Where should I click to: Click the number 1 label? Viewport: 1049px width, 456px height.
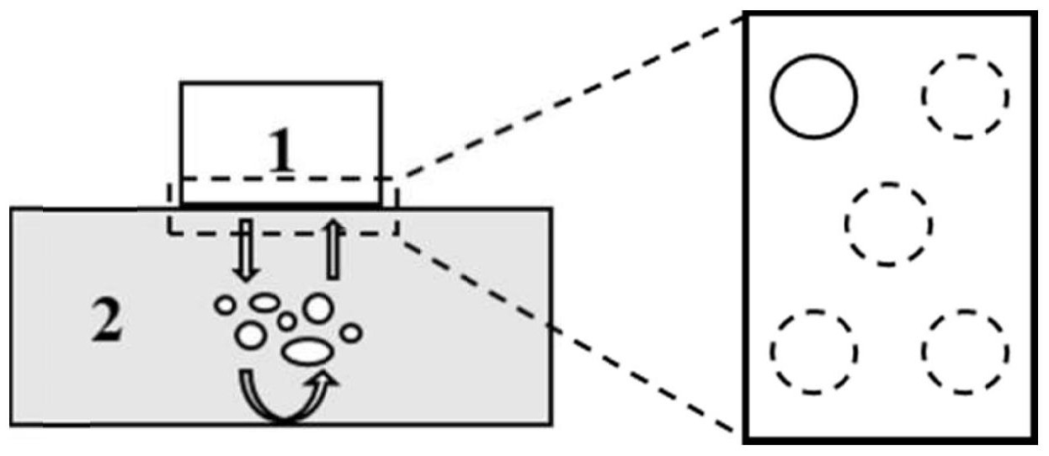click(282, 152)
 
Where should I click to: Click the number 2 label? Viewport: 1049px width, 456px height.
click(107, 323)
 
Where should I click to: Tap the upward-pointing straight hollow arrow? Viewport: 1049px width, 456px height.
click(333, 248)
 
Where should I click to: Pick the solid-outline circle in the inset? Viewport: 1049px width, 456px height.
click(813, 96)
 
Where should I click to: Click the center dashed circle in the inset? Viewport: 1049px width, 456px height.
click(889, 224)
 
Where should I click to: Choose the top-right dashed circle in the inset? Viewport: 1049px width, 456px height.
click(964, 96)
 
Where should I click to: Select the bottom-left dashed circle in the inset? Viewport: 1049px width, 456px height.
click(814, 351)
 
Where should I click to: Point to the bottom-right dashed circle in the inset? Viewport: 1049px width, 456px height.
click(964, 351)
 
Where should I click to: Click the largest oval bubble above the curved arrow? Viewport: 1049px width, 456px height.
click(302, 351)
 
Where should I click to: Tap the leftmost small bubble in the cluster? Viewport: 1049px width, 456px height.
click(225, 305)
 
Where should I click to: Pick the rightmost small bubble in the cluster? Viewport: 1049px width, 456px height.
click(352, 333)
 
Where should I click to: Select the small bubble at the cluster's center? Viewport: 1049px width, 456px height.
click(286, 321)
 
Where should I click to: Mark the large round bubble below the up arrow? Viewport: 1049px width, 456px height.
click(318, 308)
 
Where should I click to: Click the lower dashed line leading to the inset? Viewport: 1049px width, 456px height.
click(572, 337)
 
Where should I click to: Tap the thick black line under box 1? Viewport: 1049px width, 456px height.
click(281, 204)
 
